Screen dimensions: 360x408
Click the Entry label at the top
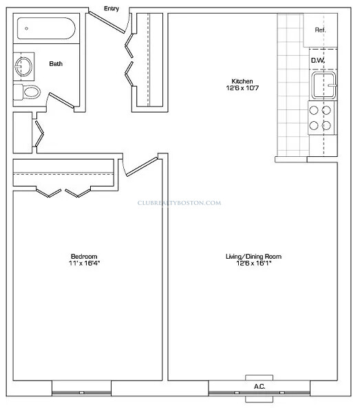coord(112,8)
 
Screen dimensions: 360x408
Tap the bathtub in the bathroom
coord(46,28)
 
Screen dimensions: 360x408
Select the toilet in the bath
coord(27,92)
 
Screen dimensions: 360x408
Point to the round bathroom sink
coord(23,67)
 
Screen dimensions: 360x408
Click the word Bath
coord(56,64)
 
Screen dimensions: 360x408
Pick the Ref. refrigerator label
coord(320,30)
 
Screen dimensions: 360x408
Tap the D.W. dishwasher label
coord(318,61)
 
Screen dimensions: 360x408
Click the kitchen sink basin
coord(324,85)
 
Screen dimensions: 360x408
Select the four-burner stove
coord(321,118)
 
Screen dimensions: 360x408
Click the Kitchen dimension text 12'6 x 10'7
coord(242,88)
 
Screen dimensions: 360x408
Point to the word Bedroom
coord(84,257)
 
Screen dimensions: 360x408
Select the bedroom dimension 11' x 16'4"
coord(85,263)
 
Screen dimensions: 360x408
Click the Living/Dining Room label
coord(253,257)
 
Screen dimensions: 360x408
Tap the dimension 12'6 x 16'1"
coord(254,263)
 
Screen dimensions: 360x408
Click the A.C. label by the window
coord(260,387)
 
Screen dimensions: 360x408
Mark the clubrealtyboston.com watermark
coord(179,203)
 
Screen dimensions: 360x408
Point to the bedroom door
coord(141,167)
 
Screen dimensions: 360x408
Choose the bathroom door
coord(61,100)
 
